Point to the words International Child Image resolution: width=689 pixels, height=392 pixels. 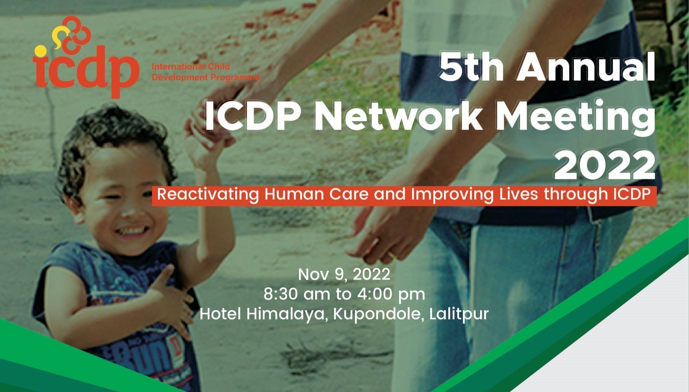(x=191, y=66)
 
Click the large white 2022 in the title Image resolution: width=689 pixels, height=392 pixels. (x=605, y=165)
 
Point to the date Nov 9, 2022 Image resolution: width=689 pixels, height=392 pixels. (x=344, y=274)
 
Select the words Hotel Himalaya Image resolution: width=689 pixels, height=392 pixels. (x=264, y=314)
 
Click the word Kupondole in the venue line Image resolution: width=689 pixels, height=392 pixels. (x=379, y=314)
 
